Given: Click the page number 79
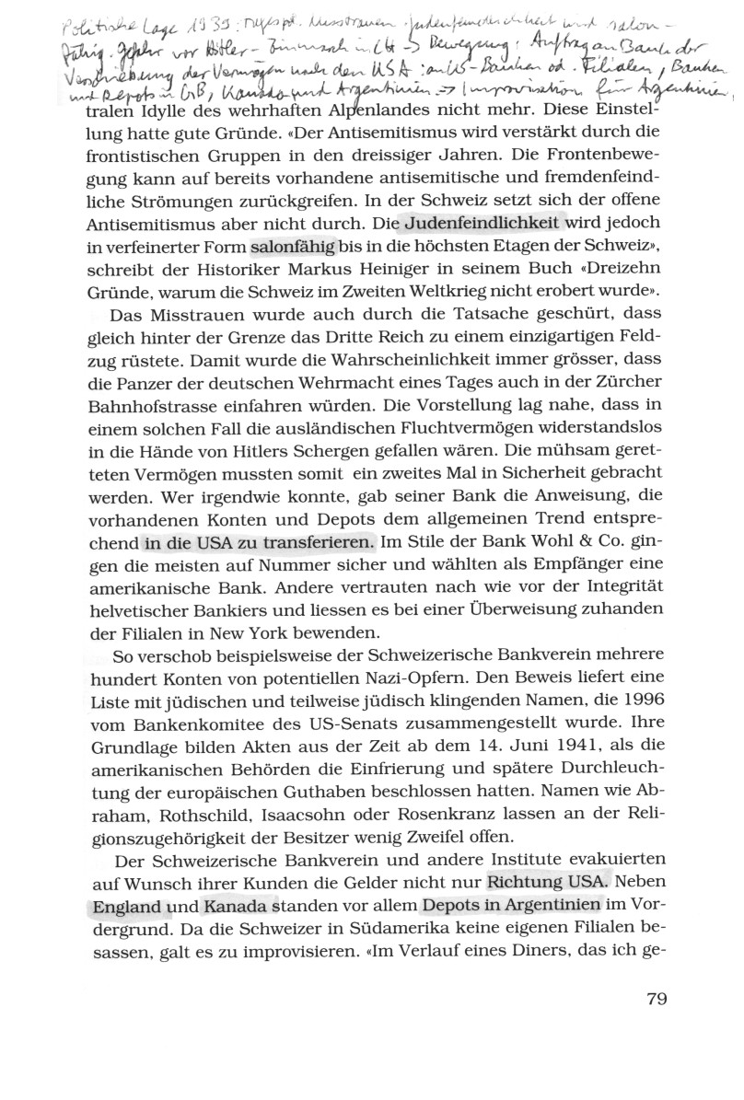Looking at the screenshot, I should pyautogui.click(x=649, y=1000).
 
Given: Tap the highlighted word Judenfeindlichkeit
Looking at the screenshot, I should pyautogui.click(x=482, y=223).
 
